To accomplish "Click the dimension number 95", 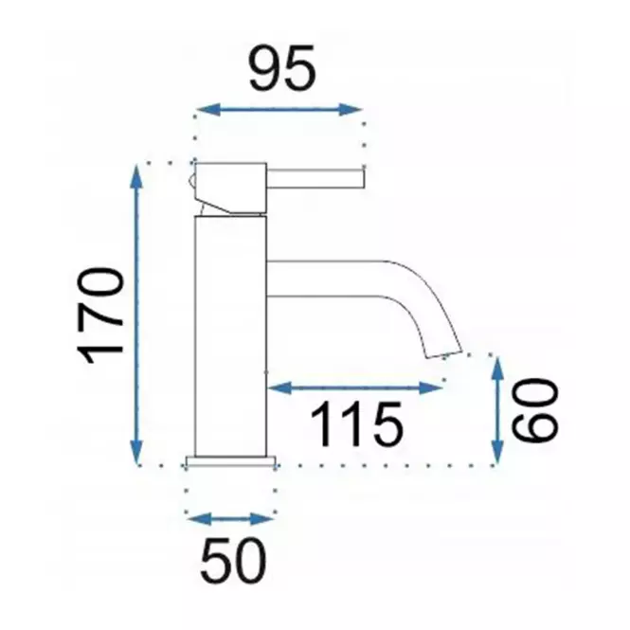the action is (282, 68).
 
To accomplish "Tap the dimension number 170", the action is (100, 315).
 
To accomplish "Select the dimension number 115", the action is (356, 424).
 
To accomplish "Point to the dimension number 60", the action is (534, 409).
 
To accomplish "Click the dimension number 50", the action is (233, 561).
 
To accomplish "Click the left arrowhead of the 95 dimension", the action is (208, 109).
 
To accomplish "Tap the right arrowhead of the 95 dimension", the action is (350, 109).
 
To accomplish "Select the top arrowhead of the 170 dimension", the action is (136, 177).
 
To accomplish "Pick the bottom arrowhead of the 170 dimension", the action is (136, 452).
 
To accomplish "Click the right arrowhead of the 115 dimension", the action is (431, 387).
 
